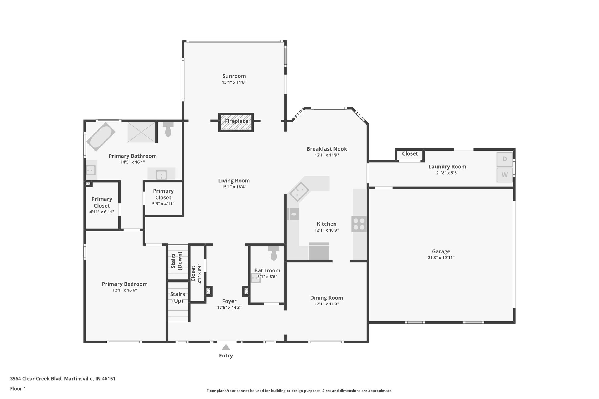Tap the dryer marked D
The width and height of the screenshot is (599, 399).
(505, 159)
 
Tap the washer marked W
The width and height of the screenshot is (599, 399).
(505, 175)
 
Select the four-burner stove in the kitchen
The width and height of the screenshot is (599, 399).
(359, 224)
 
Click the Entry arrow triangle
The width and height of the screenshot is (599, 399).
(226, 347)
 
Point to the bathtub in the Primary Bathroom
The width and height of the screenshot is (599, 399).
(101, 137)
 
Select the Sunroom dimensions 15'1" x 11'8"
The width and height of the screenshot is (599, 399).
(234, 82)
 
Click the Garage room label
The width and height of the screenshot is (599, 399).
(441, 251)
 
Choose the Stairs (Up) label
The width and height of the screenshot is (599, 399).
(177, 297)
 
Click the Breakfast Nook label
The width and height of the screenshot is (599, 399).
(327, 149)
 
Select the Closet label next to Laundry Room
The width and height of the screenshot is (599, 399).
(410, 154)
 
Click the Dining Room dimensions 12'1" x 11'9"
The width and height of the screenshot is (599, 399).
(326, 304)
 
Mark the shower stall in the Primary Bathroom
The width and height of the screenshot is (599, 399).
(141, 132)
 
